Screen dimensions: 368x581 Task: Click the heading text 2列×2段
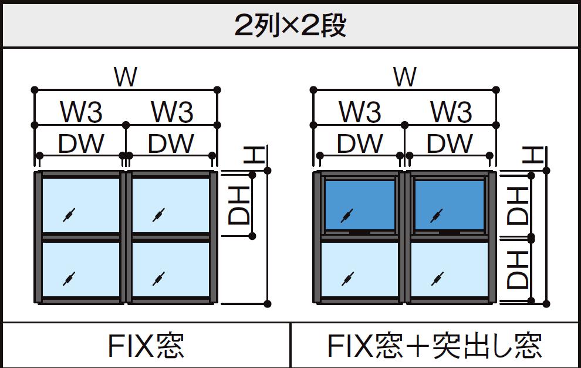[290, 25]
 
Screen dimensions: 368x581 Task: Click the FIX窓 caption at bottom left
[146, 346]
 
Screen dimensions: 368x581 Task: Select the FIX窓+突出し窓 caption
[435, 346]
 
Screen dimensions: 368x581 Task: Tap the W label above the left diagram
[126, 77]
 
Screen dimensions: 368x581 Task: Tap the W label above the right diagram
[405, 77]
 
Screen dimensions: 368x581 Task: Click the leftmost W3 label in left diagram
[81, 112]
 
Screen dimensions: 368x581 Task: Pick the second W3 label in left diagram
[171, 112]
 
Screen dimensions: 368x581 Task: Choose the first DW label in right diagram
[360, 143]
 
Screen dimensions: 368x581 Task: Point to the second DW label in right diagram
[450, 143]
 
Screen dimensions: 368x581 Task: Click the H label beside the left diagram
[254, 156]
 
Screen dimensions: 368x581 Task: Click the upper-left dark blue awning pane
[360, 205]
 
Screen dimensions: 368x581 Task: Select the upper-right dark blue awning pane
[450, 205]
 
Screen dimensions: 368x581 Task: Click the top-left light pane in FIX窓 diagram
[81, 205]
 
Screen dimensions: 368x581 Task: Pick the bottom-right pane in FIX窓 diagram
[171, 269]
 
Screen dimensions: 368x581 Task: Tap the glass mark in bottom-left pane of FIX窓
[69, 277]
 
